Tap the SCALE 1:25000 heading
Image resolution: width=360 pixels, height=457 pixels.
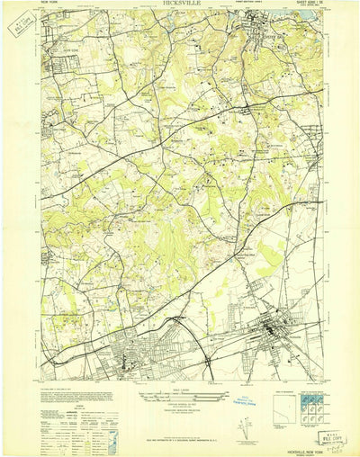(179, 363)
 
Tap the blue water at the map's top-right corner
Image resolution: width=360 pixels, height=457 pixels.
(310, 13)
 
